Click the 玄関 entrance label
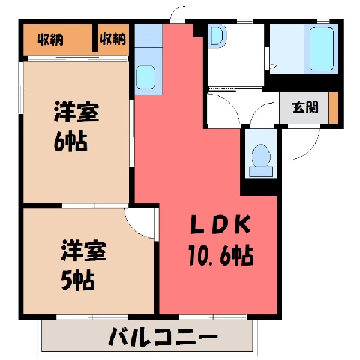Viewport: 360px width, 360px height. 305,108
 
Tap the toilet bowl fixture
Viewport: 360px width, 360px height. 261,160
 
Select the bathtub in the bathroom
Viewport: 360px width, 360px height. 322,49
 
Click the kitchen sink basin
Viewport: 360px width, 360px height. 145,76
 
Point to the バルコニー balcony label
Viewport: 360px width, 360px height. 163,336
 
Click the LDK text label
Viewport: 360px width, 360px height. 220,224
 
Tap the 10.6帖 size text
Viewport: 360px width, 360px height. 220,255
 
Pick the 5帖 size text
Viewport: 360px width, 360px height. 78,280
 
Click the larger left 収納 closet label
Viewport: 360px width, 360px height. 50,40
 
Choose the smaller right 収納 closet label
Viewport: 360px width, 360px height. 112,39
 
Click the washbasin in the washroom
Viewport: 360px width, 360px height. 217,37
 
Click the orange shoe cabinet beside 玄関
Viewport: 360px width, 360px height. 333,108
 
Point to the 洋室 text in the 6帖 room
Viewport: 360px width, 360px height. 76,112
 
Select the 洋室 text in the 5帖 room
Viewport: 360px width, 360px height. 84,250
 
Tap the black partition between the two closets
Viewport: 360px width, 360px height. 94,38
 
